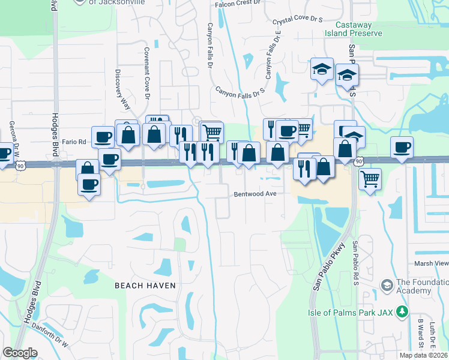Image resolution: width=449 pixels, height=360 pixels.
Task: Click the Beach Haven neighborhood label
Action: (145, 286)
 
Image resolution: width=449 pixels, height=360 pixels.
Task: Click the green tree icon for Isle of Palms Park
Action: (402, 311)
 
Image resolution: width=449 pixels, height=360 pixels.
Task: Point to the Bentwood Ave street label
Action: (255, 194)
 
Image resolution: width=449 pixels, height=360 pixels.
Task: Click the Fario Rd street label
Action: (74, 142)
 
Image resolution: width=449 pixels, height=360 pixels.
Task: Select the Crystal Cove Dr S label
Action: (297, 20)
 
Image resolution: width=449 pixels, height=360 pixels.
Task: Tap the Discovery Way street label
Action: (122, 90)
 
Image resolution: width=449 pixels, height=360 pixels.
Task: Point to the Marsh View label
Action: (431, 263)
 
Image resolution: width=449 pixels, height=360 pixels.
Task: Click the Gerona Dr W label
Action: (11, 137)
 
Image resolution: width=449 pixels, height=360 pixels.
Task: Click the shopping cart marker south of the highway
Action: (370, 178)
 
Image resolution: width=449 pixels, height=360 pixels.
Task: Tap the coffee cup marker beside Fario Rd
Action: (102, 136)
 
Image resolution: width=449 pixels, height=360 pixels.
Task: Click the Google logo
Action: (20, 353)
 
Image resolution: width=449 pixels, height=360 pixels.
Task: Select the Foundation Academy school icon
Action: (386, 284)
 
